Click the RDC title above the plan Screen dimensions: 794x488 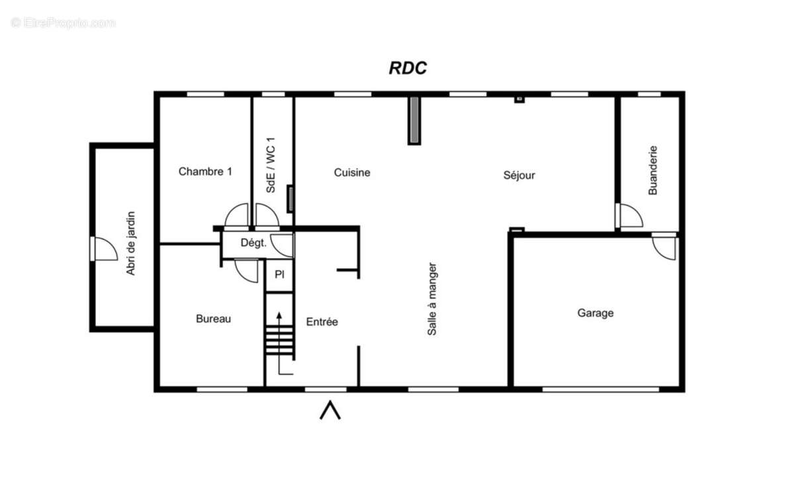pos(408,68)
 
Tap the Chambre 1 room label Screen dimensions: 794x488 pos(205,171)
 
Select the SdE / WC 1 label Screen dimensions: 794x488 pos(271,165)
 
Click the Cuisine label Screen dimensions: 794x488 pos(352,173)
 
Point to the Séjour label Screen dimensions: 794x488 pos(519,175)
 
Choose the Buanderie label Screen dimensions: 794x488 pos(652,171)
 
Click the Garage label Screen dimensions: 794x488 pos(595,313)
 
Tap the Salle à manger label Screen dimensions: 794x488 pos(432,300)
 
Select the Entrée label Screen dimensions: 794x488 pos(322,322)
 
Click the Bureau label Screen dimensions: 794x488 pos(213,319)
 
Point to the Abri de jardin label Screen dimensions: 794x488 pos(130,243)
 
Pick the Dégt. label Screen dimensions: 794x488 pos(253,243)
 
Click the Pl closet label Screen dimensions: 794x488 pos(279,274)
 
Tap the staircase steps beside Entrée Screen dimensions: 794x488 pos(279,340)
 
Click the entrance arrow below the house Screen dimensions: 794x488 pos(330,410)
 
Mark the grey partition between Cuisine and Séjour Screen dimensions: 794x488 pos(414,120)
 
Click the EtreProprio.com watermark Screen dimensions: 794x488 pos(63,23)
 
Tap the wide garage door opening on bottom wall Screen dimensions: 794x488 pos(601,389)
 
